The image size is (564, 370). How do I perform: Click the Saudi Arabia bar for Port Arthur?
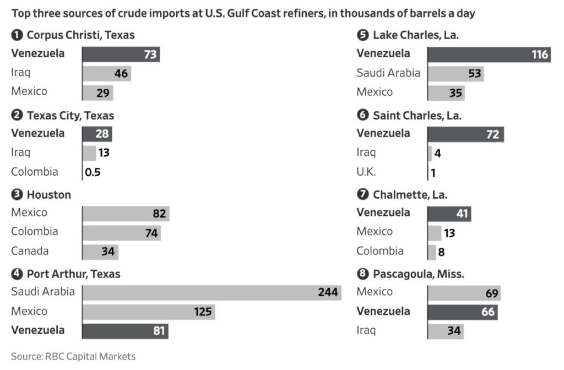tap(211, 292)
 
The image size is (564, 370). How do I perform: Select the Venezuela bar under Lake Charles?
tap(489, 54)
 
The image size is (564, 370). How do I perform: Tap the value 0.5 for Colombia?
tap(93, 172)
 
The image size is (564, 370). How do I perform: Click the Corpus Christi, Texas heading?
tap(80, 35)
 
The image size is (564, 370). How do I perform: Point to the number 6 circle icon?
tap(362, 116)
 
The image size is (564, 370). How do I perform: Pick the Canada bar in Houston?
tap(100, 252)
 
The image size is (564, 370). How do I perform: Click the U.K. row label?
tap(366, 172)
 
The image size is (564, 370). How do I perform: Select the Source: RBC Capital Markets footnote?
tap(73, 356)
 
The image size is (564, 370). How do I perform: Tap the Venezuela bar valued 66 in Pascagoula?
tap(463, 312)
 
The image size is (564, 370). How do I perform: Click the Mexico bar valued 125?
tap(148, 312)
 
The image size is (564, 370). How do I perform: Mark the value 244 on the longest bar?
tap(328, 292)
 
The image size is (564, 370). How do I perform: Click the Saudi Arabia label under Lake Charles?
tap(388, 73)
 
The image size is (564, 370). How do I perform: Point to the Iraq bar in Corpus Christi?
tap(106, 73)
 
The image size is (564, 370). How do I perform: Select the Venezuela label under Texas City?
tap(37, 133)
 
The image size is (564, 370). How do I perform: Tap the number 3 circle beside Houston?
tap(17, 195)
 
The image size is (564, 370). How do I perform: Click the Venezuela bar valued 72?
tap(465, 134)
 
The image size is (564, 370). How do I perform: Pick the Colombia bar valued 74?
tap(121, 232)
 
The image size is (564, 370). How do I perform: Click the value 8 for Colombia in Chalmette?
tap(441, 252)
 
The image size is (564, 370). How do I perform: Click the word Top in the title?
tap(20, 13)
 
